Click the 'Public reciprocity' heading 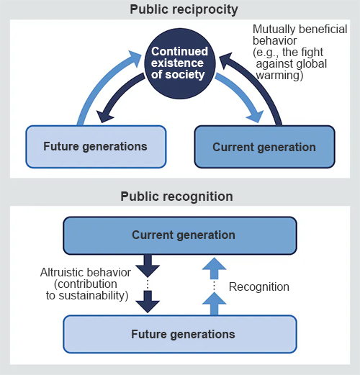pyautogui.click(x=184, y=10)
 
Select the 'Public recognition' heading pyautogui.click(x=176, y=196)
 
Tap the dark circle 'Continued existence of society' pyautogui.click(x=180, y=63)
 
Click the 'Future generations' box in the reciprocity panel pyautogui.click(x=96, y=147)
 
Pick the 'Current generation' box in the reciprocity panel pyautogui.click(x=264, y=147)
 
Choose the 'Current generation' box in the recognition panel pyautogui.click(x=180, y=235)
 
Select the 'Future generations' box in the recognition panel pyautogui.click(x=180, y=334)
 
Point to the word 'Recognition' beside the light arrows pyautogui.click(x=259, y=287)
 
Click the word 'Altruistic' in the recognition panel pyautogui.click(x=60, y=272)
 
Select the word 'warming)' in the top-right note pyautogui.click(x=279, y=76)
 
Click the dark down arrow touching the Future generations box pyautogui.click(x=148, y=302)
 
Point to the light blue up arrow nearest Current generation pyautogui.click(x=215, y=268)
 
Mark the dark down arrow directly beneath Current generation pyautogui.click(x=148, y=266)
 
